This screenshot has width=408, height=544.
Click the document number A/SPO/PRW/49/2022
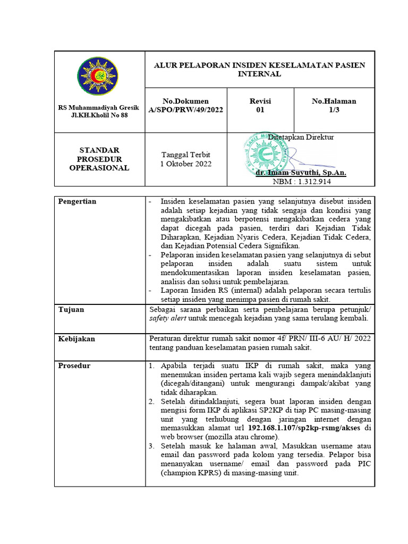(x=185, y=110)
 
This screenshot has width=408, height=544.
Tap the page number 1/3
(x=334, y=110)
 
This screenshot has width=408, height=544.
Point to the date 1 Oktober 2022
(x=185, y=164)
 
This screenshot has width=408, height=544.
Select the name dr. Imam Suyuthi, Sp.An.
(x=301, y=173)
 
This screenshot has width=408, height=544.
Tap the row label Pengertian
(x=77, y=201)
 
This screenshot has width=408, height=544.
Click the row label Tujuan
(x=71, y=309)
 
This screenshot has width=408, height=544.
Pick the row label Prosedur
(x=74, y=365)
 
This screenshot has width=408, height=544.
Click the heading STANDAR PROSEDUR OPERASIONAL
(x=99, y=159)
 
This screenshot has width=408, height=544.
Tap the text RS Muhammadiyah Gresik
(x=99, y=108)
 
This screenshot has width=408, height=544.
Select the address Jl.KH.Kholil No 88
(x=99, y=115)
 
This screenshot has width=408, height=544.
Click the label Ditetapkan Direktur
(x=301, y=137)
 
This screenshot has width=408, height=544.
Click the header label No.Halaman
(x=334, y=101)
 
